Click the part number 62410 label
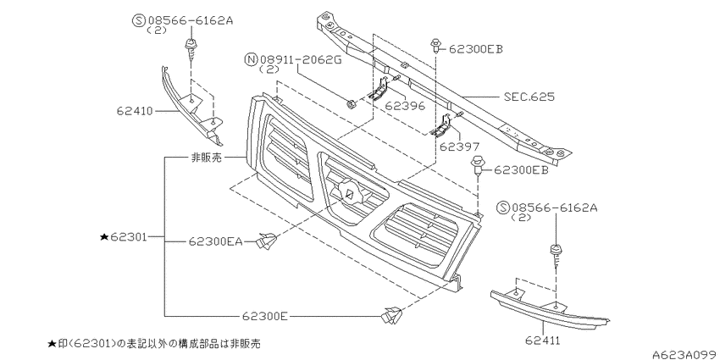136,109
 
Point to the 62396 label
404,107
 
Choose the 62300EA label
216,241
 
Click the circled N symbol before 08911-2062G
251,59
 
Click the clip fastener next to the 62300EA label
268,242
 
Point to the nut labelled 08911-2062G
351,104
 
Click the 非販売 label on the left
206,157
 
